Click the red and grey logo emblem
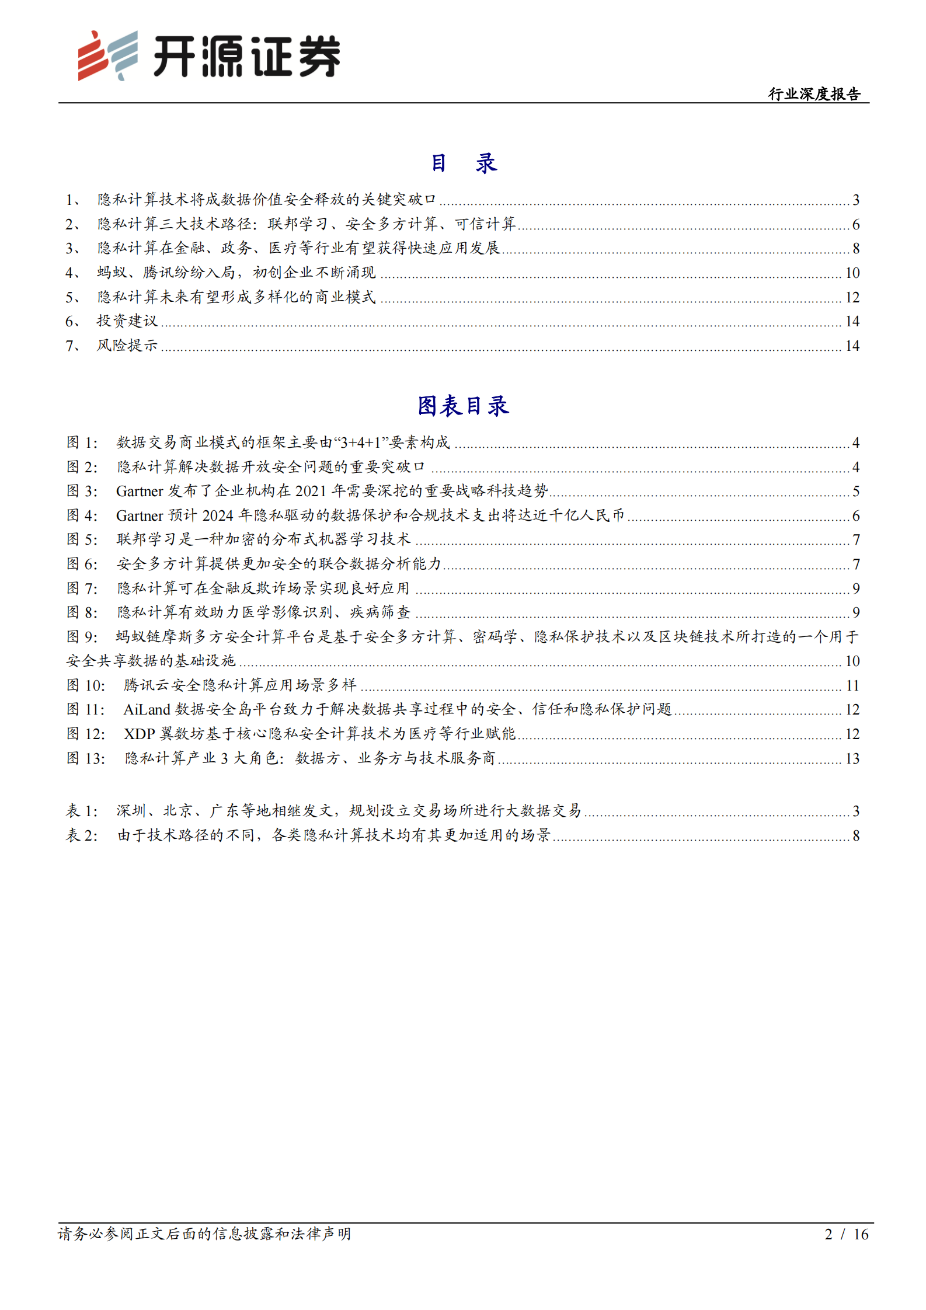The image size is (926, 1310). click(x=108, y=55)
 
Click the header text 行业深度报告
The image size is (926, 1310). click(x=814, y=94)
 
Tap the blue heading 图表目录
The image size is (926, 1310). click(x=463, y=406)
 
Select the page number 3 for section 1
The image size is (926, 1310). click(x=855, y=200)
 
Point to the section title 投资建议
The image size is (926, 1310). click(x=127, y=321)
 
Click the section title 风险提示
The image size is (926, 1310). click(x=127, y=346)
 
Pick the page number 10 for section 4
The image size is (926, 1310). click(x=852, y=273)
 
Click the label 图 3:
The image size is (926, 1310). click(x=82, y=492)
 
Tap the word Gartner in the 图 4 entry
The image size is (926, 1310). click(x=140, y=516)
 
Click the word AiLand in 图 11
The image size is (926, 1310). click(x=147, y=710)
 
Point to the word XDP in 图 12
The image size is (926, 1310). click(x=139, y=734)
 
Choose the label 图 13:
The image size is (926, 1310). click(x=86, y=759)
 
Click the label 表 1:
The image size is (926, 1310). click(x=82, y=811)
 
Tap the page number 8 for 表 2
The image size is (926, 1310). click(x=855, y=836)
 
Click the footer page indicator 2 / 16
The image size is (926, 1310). click(x=846, y=1234)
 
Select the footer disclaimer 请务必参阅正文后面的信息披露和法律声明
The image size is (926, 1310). click(x=204, y=1234)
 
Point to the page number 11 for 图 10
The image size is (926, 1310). click(x=852, y=686)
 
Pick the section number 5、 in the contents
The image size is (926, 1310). click(x=73, y=298)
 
